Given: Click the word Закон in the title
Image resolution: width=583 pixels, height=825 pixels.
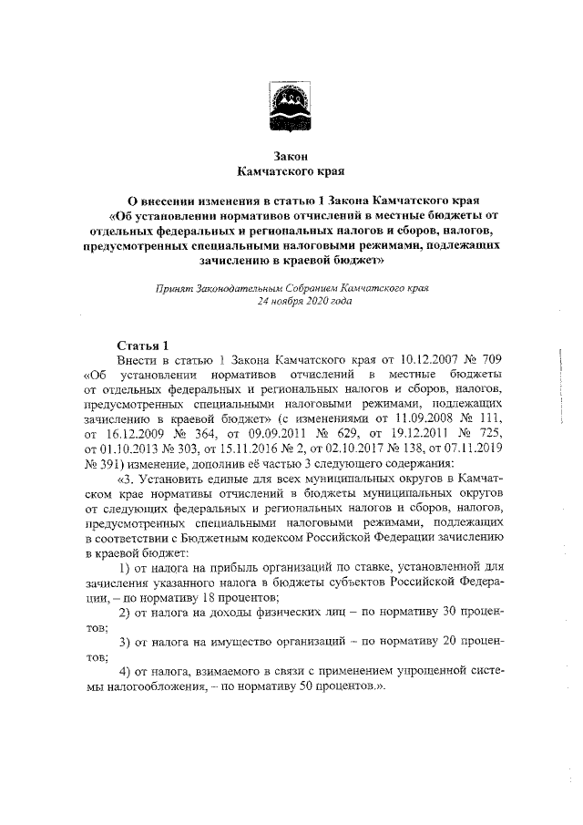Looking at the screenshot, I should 291,157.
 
